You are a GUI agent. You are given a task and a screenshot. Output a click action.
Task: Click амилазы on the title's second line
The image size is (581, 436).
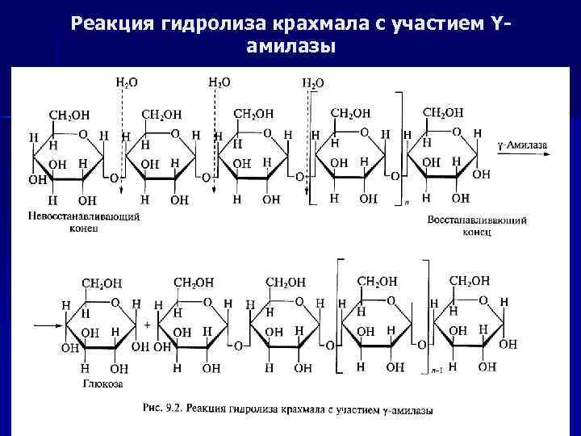click(x=288, y=48)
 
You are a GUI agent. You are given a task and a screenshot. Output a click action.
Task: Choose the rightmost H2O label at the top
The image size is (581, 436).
click(x=313, y=82)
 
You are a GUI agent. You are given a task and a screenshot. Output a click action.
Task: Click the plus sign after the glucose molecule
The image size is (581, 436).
click(x=147, y=321)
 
